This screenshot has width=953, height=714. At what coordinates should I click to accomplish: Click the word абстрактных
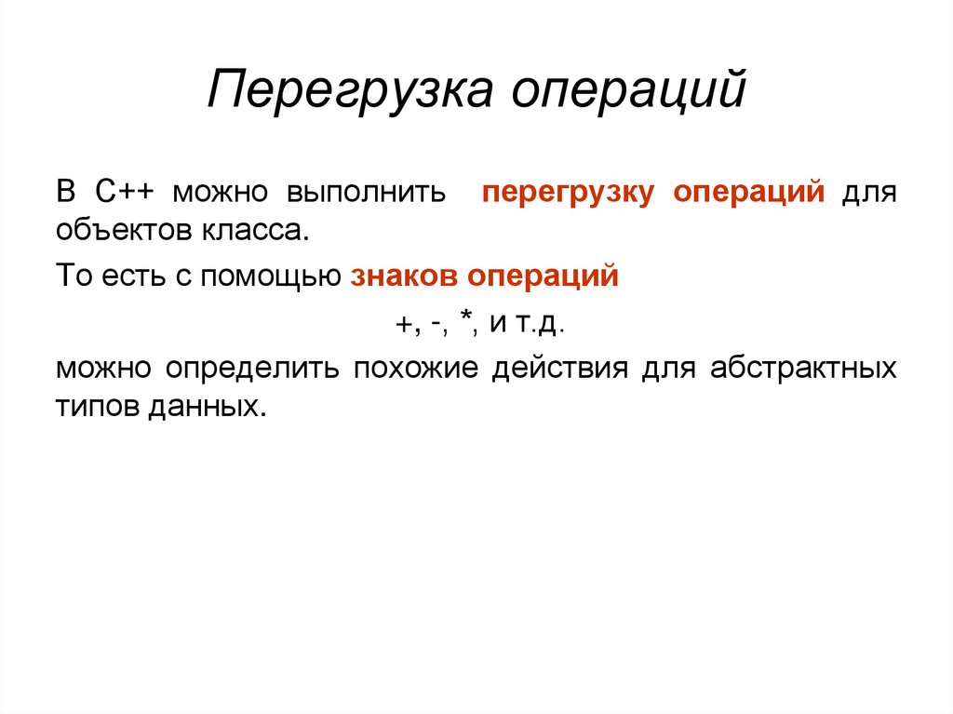pos(803,368)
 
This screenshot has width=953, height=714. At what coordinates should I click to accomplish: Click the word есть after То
pos(120,276)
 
